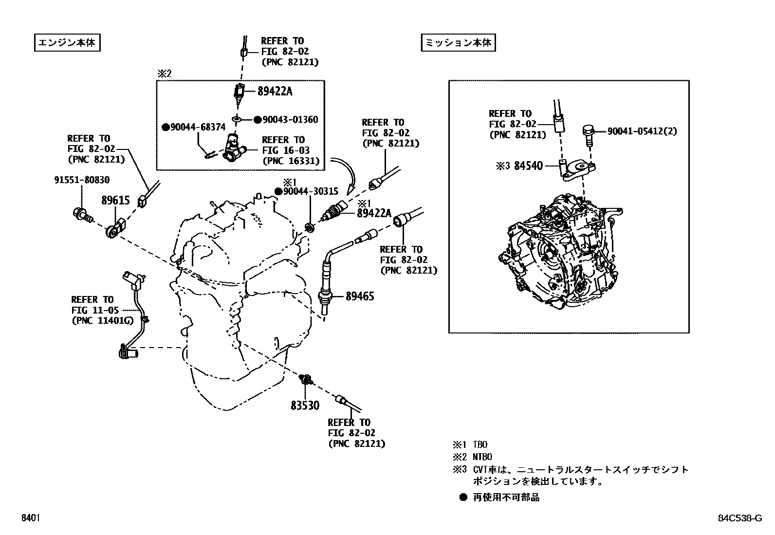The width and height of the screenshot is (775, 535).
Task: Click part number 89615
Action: pyautogui.click(x=115, y=201)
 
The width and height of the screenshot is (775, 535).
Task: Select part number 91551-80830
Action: pyautogui.click(x=82, y=180)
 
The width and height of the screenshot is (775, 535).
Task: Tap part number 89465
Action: pyautogui.click(x=360, y=296)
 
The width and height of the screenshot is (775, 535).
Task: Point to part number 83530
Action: pyautogui.click(x=305, y=405)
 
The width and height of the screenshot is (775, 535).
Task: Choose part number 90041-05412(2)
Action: pyautogui.click(x=642, y=131)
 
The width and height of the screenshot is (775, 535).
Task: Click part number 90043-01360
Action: pyautogui.click(x=290, y=120)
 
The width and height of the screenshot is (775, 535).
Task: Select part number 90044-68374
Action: pyautogui.click(x=198, y=128)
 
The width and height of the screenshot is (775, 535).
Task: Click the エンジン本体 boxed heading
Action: pyautogui.click(x=67, y=43)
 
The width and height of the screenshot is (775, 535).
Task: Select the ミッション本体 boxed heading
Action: pyautogui.click(x=458, y=43)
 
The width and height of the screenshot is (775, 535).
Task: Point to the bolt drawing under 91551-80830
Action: pyautogui.click(x=82, y=214)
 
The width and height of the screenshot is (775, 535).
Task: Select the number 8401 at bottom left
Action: pyautogui.click(x=30, y=518)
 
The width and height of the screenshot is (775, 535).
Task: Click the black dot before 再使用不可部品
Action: pyautogui.click(x=463, y=498)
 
